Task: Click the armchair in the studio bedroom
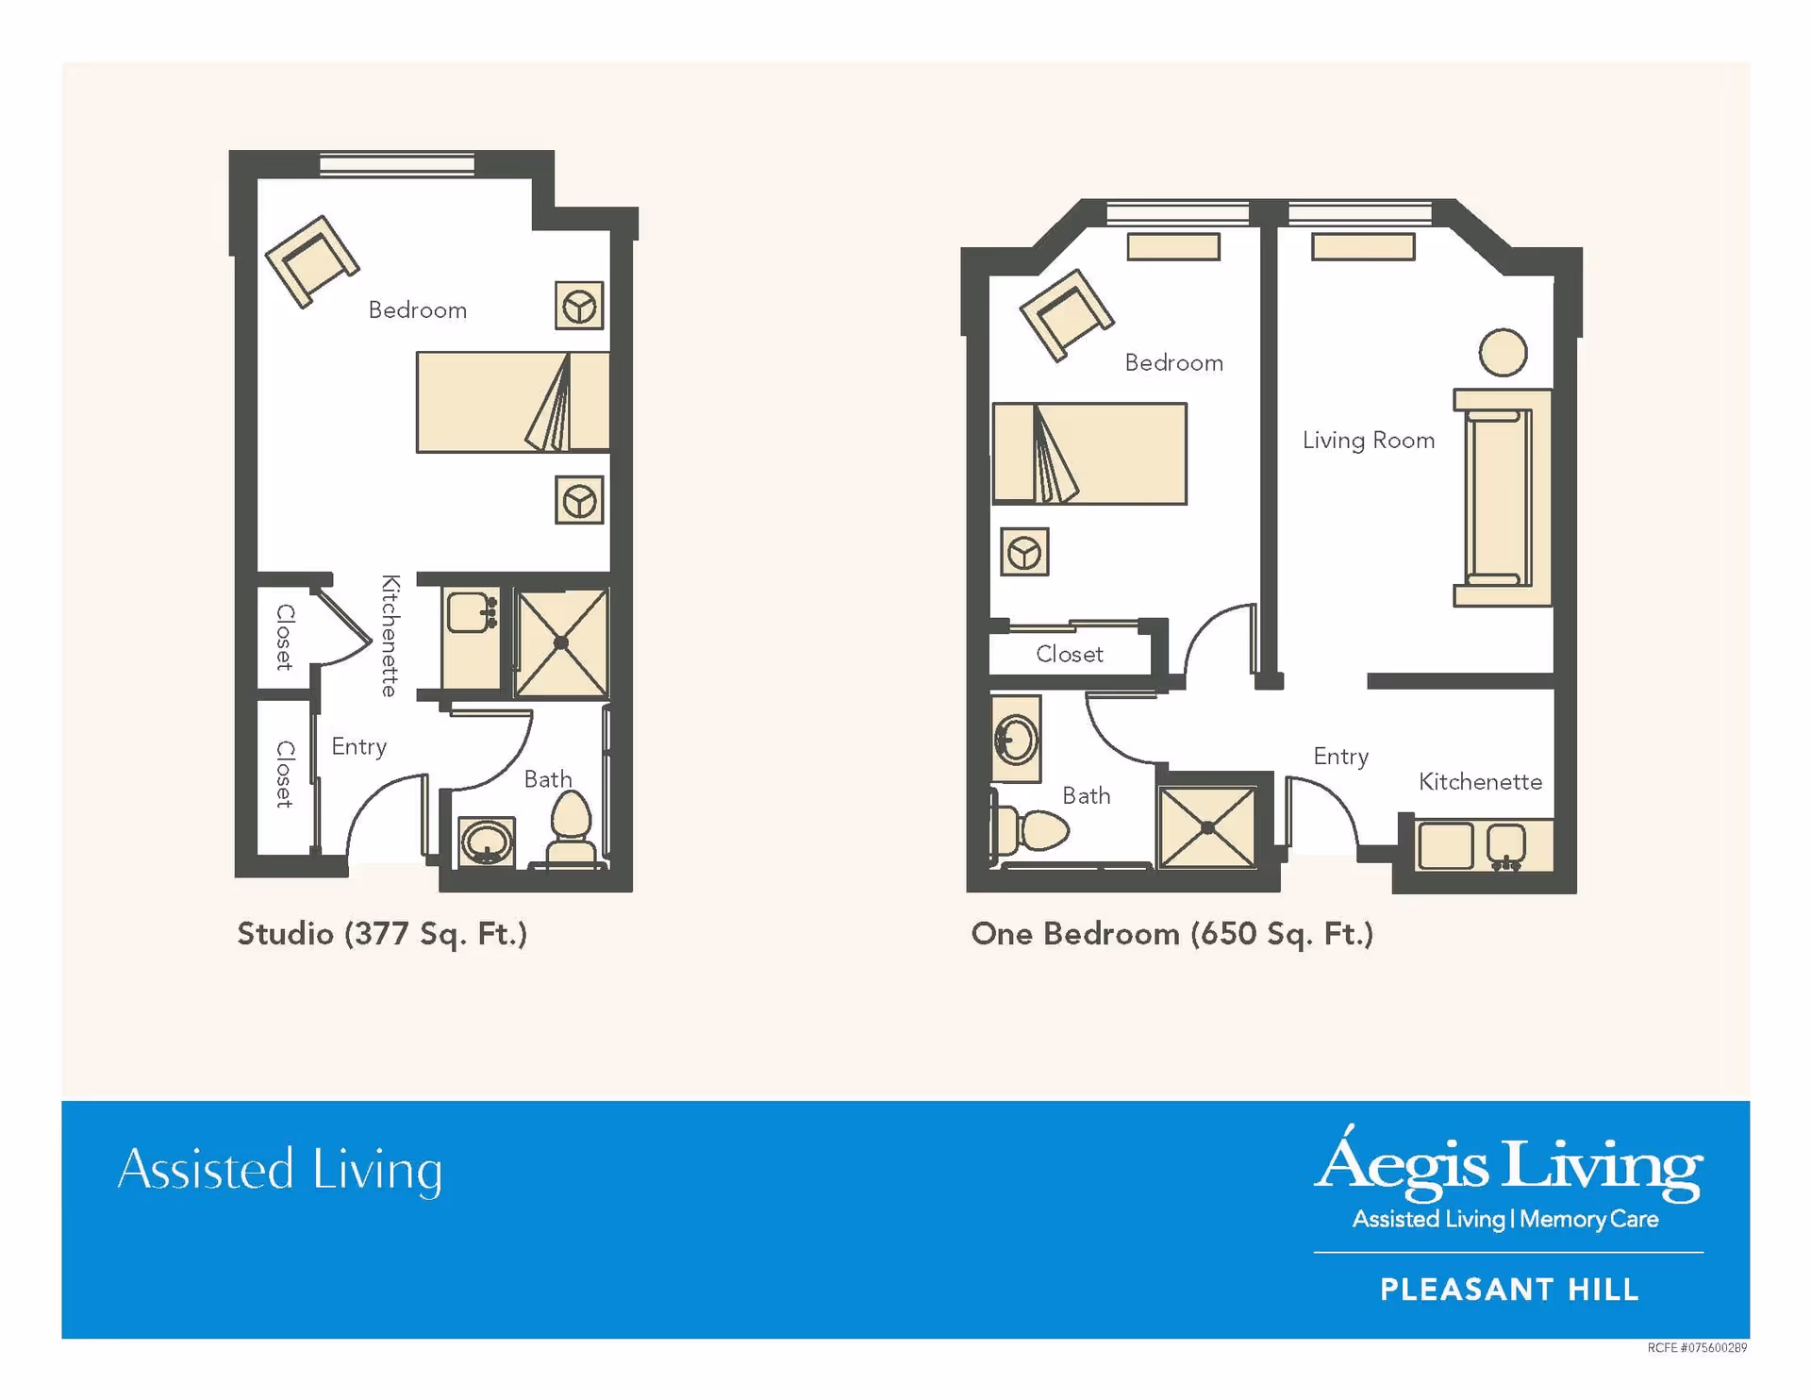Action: (312, 261)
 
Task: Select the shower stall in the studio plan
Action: (561, 643)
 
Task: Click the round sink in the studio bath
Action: (487, 842)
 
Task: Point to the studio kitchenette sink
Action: (469, 613)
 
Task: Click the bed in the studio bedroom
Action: (512, 402)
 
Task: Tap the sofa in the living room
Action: (1502, 497)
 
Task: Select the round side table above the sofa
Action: (1503, 353)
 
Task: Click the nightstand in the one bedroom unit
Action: (1024, 553)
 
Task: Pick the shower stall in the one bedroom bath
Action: (1207, 827)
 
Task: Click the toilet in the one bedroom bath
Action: (1033, 830)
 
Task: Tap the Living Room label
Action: (1368, 441)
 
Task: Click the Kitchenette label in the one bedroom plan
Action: (1480, 782)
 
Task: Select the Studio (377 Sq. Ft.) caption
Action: (382, 934)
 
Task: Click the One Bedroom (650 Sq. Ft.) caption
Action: (1171, 934)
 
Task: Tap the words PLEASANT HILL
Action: (1509, 1290)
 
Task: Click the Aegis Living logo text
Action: (1508, 1165)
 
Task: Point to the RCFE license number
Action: (1697, 1348)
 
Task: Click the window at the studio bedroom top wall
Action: (397, 164)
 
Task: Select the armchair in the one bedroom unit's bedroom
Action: (1067, 315)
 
